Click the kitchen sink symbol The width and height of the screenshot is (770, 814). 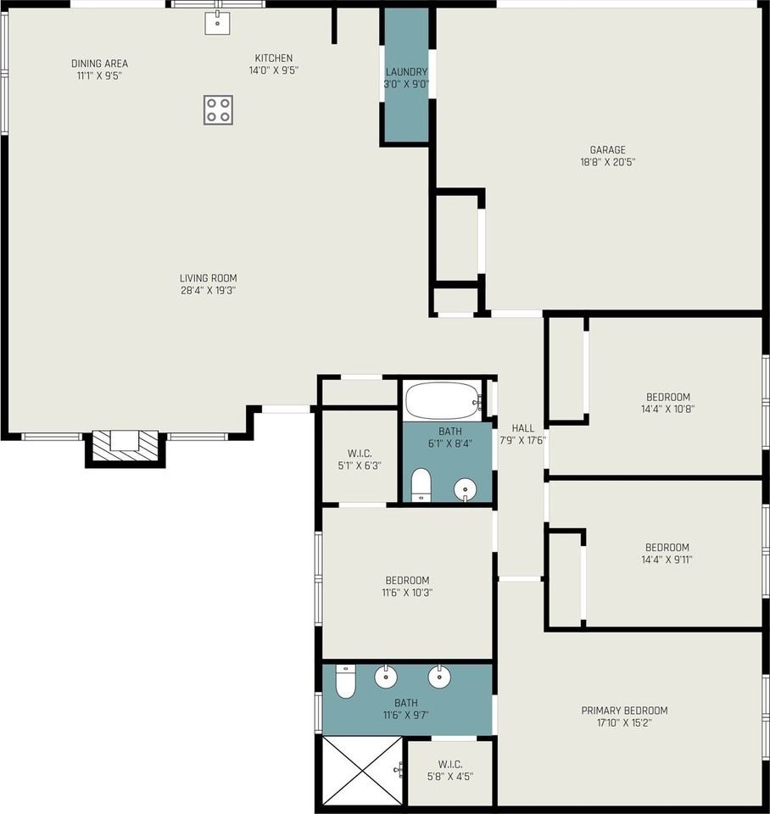click(217, 22)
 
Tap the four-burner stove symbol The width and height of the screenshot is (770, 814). click(218, 109)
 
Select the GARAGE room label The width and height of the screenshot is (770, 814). click(607, 149)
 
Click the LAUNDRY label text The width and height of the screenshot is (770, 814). click(406, 71)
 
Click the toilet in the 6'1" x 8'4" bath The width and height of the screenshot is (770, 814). click(421, 485)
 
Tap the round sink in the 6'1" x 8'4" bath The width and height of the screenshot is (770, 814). click(466, 489)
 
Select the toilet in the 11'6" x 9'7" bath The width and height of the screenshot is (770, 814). click(345, 681)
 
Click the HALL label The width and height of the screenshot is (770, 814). click(523, 427)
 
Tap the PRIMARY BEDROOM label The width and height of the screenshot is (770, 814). click(624, 711)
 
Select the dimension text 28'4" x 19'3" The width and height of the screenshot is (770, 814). click(209, 290)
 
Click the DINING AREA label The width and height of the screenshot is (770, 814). click(99, 64)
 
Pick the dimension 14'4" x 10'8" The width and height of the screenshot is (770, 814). click(667, 409)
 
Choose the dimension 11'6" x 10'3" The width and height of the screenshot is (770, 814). click(407, 593)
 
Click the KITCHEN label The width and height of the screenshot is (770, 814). click(274, 58)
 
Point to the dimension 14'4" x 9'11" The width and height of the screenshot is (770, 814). click(667, 559)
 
